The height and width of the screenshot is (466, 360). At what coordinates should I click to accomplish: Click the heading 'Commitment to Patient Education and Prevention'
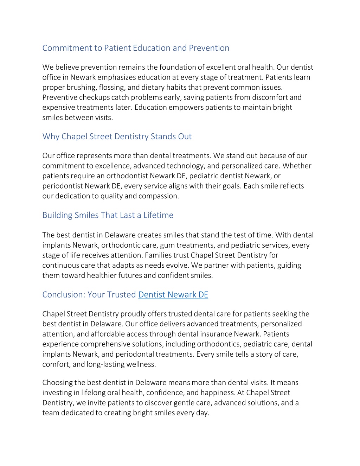coord(136,48)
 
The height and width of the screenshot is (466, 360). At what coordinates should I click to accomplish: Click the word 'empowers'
coord(186,107)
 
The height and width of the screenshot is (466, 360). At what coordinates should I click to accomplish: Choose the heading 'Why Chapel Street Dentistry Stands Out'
coord(117,136)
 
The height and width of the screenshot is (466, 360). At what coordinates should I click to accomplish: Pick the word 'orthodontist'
coord(127,176)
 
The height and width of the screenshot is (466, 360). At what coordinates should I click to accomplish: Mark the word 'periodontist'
coord(63,186)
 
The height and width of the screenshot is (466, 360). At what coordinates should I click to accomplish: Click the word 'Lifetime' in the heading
coord(158,215)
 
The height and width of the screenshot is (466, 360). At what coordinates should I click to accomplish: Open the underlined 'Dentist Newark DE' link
coord(173,295)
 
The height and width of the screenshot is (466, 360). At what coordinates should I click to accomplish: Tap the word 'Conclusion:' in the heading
coord(64,295)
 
